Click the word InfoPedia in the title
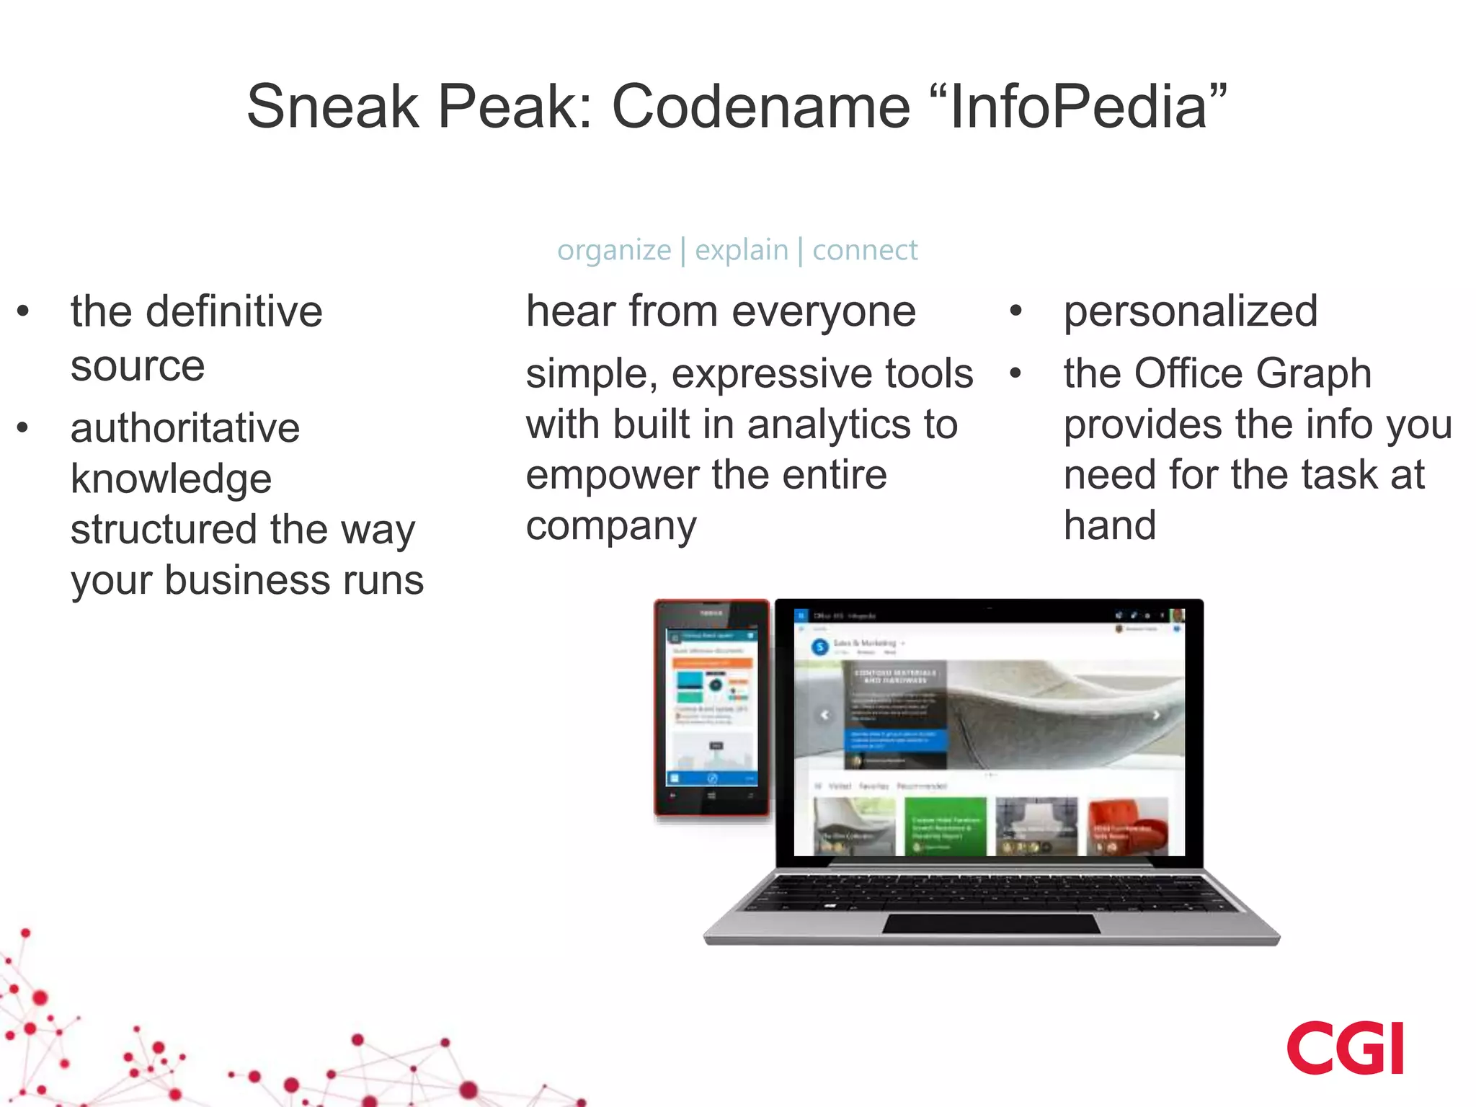pyautogui.click(x=1078, y=107)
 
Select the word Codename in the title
pyautogui.click(x=761, y=107)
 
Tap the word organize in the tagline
pyautogui.click(x=614, y=250)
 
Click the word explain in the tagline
pyautogui.click(x=742, y=250)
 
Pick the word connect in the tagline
pyautogui.click(x=865, y=250)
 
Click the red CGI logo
pyautogui.click(x=1346, y=1048)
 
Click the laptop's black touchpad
pyautogui.click(x=992, y=923)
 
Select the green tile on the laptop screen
pyautogui.click(x=945, y=827)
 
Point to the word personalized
pyautogui.click(x=1191, y=311)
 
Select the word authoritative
pyautogui.click(x=185, y=428)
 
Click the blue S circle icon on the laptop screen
pyautogui.click(x=819, y=646)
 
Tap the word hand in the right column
pyautogui.click(x=1110, y=525)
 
